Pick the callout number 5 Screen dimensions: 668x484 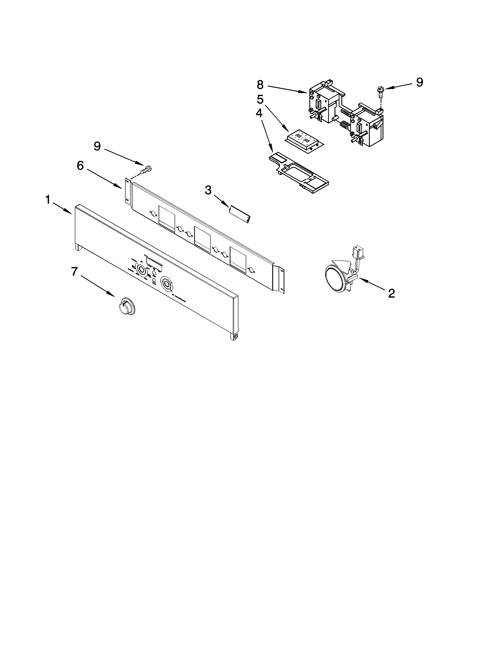point(260,100)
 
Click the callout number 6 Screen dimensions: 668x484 point(80,166)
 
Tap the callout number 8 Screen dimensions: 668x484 point(260,85)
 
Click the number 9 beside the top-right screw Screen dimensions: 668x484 point(419,83)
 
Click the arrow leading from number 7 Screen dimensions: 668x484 point(97,286)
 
